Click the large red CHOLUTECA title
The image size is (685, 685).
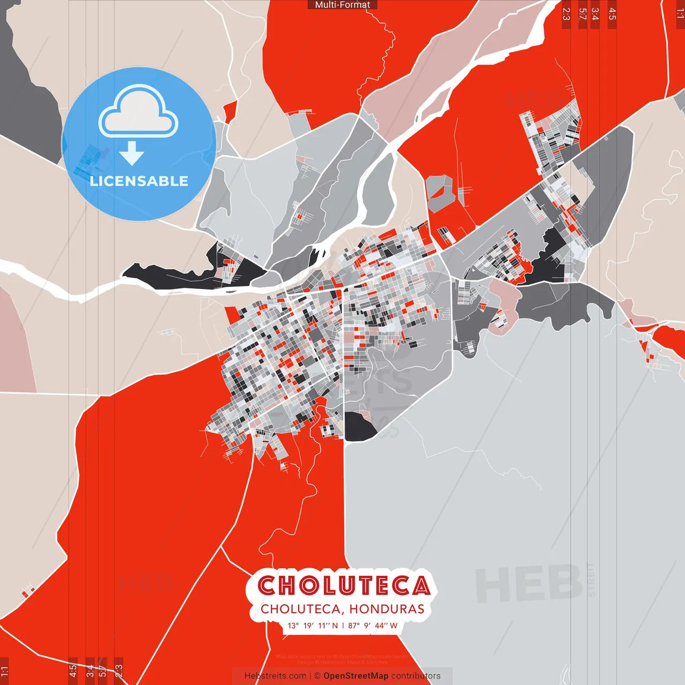coord(344,585)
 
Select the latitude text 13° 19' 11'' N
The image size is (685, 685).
coord(313,626)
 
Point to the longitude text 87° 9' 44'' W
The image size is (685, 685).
coord(373,626)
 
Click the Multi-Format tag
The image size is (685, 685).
coord(342,5)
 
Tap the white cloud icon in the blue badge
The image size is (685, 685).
coord(139,114)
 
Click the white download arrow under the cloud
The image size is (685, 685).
coord(132,153)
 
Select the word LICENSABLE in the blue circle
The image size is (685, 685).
coord(139,181)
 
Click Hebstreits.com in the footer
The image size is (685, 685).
coord(275,676)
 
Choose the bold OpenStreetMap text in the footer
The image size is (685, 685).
coord(356,676)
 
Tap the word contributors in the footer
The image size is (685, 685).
coord(416,676)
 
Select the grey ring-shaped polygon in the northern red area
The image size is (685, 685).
coord(440,192)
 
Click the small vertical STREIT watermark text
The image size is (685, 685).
coord(591,580)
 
